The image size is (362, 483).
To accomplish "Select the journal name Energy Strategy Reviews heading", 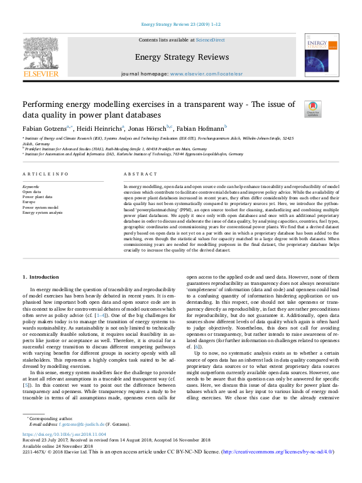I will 181,57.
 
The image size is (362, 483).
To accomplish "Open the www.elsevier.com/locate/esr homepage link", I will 206,74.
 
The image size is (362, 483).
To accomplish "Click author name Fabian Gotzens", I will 43,128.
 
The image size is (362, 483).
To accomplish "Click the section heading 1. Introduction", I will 41,276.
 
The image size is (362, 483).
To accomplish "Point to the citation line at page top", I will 181,25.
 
